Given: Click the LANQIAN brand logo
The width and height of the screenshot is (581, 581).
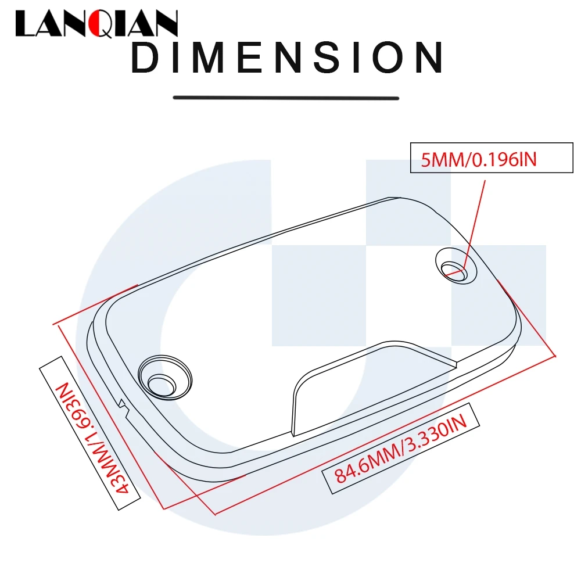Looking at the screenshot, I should pos(96,25).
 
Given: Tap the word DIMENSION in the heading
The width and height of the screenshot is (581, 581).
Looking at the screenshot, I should pos(288,59).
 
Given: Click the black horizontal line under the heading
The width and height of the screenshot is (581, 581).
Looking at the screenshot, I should pos(286,98).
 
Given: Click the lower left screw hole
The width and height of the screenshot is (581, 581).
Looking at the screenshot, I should pos(162,382).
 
